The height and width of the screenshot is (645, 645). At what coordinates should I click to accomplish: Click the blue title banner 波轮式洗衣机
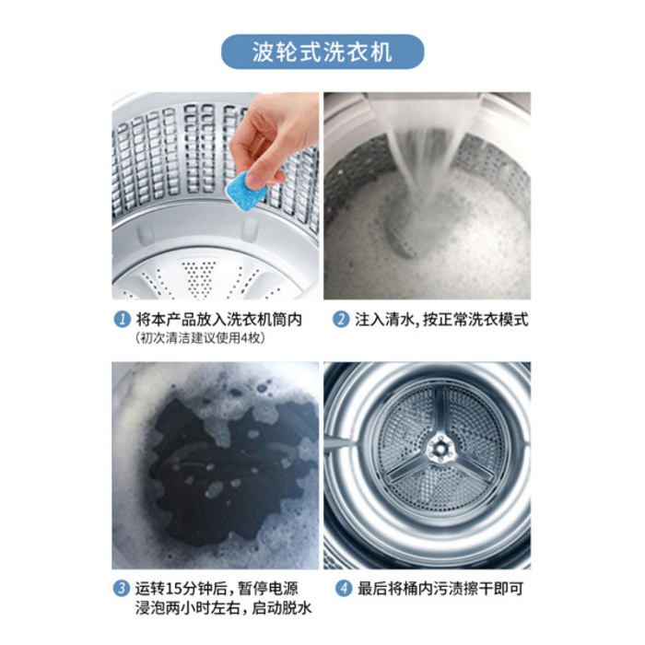click(x=322, y=52)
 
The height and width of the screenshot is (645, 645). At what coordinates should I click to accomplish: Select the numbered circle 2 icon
click(x=340, y=320)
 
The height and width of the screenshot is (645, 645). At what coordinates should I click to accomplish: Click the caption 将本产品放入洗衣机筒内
click(x=219, y=320)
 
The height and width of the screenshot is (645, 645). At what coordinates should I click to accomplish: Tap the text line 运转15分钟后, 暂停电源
click(x=220, y=588)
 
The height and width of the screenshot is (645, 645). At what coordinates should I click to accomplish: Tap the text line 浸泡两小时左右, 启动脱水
click(x=220, y=609)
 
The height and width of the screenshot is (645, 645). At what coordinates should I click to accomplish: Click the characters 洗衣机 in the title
click(x=363, y=52)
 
